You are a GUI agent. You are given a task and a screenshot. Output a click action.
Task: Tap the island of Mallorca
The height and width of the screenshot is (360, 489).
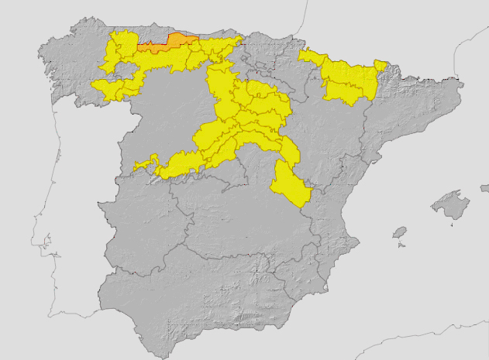[450, 205]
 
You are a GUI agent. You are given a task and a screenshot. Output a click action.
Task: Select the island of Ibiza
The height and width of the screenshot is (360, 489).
[400, 232]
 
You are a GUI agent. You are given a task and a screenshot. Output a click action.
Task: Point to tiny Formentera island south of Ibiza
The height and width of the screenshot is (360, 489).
[401, 245]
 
